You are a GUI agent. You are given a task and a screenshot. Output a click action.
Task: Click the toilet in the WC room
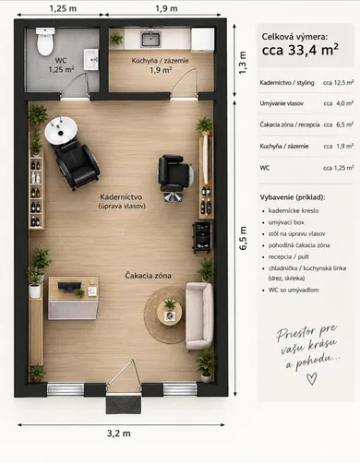click(45, 42)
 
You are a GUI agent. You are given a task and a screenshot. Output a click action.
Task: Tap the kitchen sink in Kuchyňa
click(150, 39)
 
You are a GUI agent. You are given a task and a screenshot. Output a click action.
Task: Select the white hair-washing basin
click(61, 130)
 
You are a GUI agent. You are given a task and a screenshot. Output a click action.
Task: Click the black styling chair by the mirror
click(175, 175)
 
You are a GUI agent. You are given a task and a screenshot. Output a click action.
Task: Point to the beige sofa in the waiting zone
click(199, 316)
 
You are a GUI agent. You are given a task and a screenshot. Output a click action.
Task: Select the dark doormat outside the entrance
click(124, 404)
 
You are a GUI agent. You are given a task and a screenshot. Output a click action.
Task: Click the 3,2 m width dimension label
click(119, 433)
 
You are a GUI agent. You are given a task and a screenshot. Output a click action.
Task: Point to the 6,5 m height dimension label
click(243, 238)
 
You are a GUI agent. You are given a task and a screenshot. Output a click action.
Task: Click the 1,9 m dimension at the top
click(166, 8)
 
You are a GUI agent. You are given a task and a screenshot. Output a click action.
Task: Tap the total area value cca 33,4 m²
click(300, 50)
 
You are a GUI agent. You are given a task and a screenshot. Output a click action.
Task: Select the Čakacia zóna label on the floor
click(148, 276)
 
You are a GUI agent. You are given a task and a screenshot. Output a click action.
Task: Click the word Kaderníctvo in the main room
click(121, 196)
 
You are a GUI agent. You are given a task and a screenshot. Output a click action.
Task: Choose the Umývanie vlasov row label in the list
click(282, 103)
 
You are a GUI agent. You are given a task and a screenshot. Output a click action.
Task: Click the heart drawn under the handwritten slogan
click(312, 378)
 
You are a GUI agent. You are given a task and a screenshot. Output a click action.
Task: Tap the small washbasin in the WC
click(91, 59)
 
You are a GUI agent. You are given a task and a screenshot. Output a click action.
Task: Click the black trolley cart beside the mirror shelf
click(202, 236)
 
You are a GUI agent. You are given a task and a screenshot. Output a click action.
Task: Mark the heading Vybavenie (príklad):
click(293, 197)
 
